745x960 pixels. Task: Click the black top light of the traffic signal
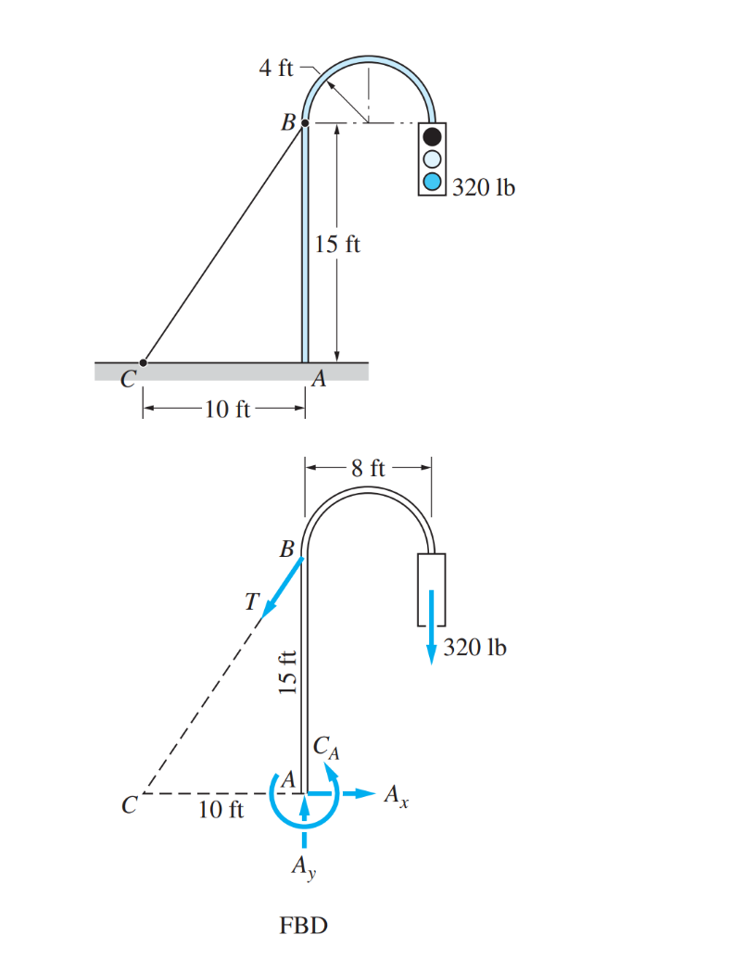point(432,136)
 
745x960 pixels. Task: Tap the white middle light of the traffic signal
point(432,159)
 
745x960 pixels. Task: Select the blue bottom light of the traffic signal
point(432,182)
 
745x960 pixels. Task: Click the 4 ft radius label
point(276,68)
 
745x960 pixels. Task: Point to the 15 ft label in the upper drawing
point(337,244)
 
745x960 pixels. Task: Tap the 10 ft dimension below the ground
point(227,409)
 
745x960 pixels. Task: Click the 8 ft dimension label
point(368,468)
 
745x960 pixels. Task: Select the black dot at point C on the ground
point(144,362)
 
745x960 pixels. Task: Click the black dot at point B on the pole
point(305,123)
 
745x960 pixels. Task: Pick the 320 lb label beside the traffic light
point(484,187)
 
